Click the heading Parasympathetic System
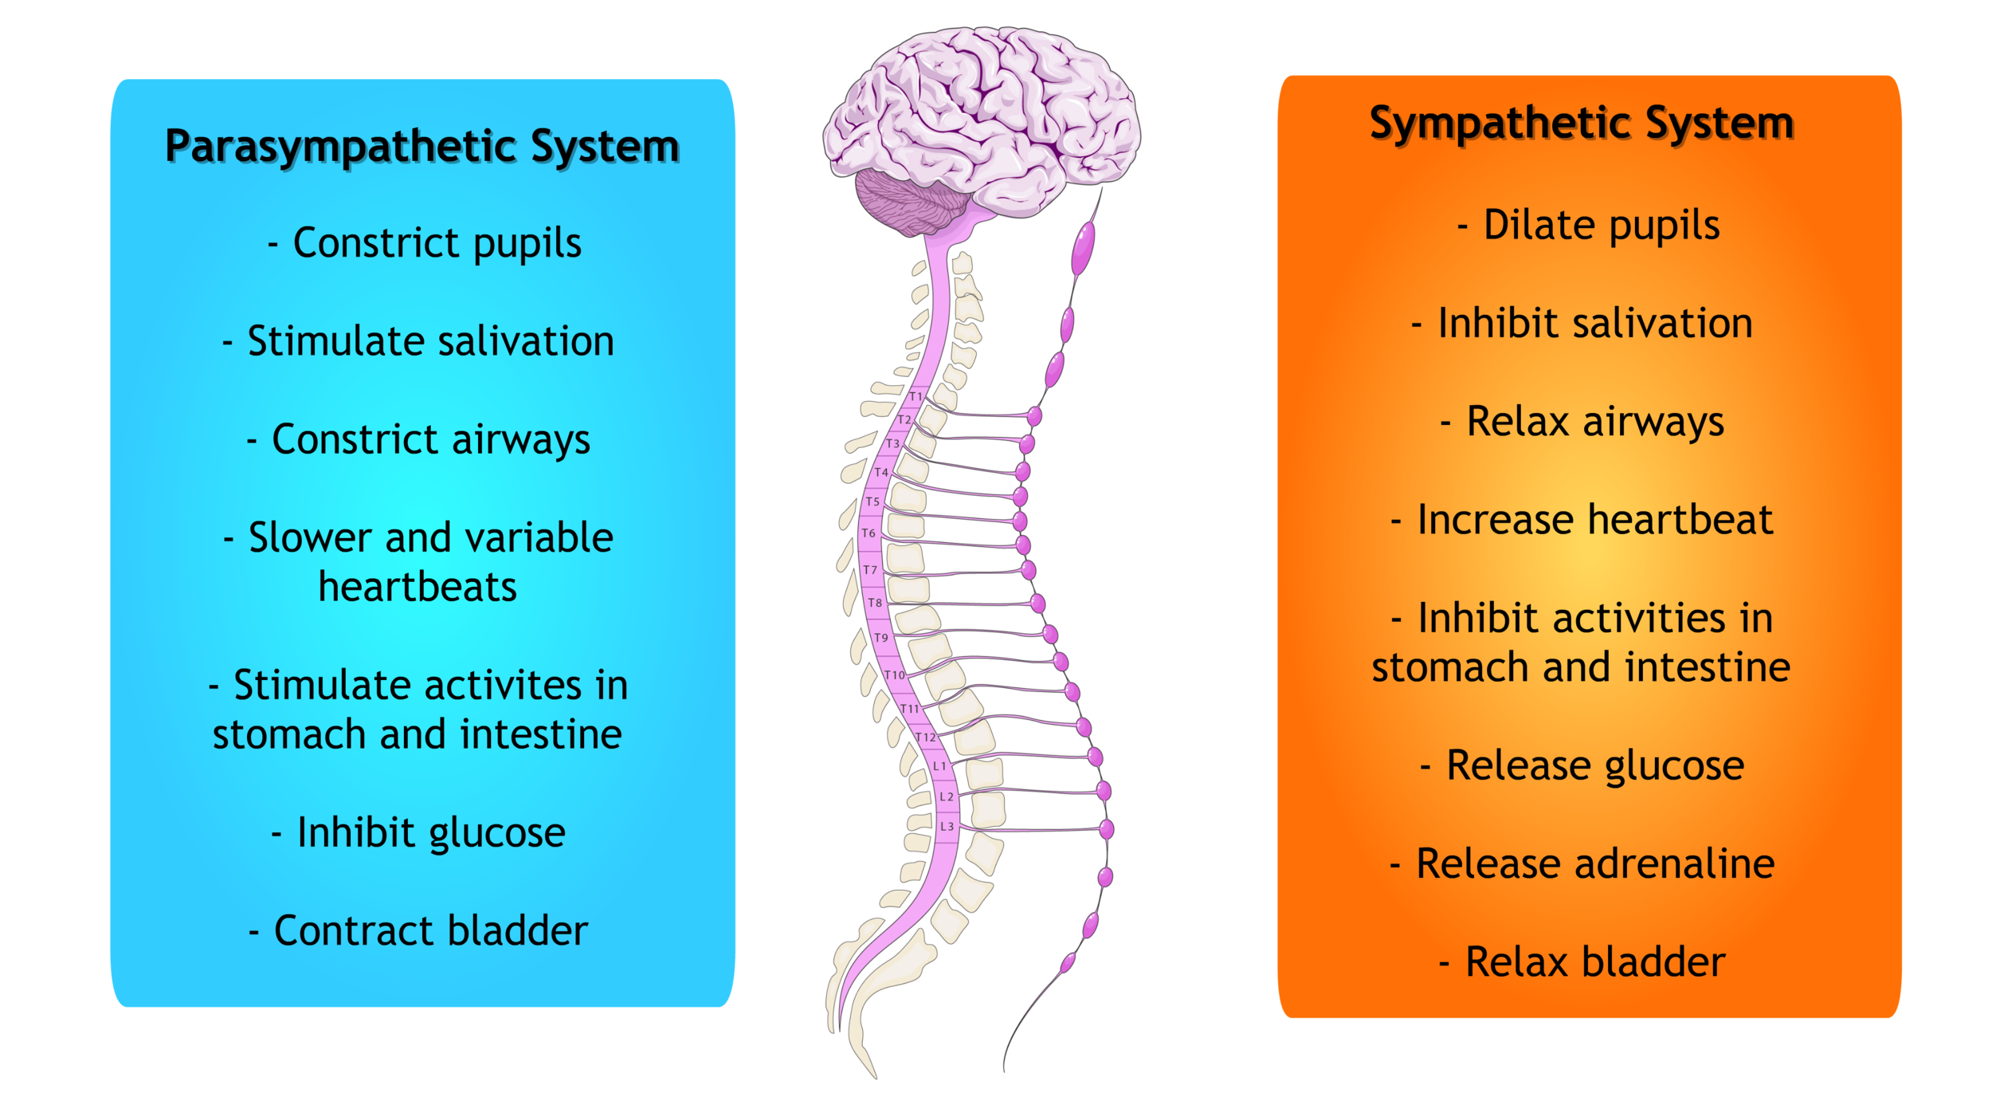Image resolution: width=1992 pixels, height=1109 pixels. pyautogui.click(x=422, y=147)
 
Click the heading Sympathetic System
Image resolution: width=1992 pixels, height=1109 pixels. pyautogui.click(x=1582, y=124)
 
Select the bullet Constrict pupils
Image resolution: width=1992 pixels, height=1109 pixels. pyautogui.click(x=425, y=243)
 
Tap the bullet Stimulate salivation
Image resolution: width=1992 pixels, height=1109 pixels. pyautogui.click(x=418, y=341)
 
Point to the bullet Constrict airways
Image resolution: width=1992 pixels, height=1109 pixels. pyautogui.click(x=418, y=440)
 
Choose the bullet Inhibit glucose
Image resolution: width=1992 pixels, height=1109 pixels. pyautogui.click(x=418, y=833)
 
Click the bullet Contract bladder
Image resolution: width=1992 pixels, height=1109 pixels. pyautogui.click(x=418, y=930)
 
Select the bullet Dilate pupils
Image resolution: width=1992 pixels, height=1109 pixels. pyautogui.click(x=1589, y=226)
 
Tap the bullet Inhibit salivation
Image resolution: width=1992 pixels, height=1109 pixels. pyautogui.click(x=1582, y=324)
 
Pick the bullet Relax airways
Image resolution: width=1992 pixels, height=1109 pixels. pyautogui.click(x=1582, y=422)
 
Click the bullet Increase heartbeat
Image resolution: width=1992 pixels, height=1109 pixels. pyautogui.click(x=1582, y=520)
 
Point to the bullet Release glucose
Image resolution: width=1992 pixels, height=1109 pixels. pyautogui.click(x=1582, y=766)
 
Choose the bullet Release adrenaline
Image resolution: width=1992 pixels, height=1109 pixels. pyautogui.click(x=1582, y=863)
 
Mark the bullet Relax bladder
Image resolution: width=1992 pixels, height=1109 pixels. pyautogui.click(x=1582, y=962)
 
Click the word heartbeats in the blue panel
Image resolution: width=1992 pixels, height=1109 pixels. pyautogui.click(x=418, y=588)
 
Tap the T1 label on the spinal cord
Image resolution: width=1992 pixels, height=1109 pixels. pyautogui.click(x=916, y=396)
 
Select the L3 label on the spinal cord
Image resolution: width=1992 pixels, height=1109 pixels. pyautogui.click(x=947, y=827)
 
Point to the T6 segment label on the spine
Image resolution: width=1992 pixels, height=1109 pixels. pyautogui.click(x=869, y=533)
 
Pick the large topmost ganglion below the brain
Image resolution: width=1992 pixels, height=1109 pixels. pyautogui.click(x=1083, y=249)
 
